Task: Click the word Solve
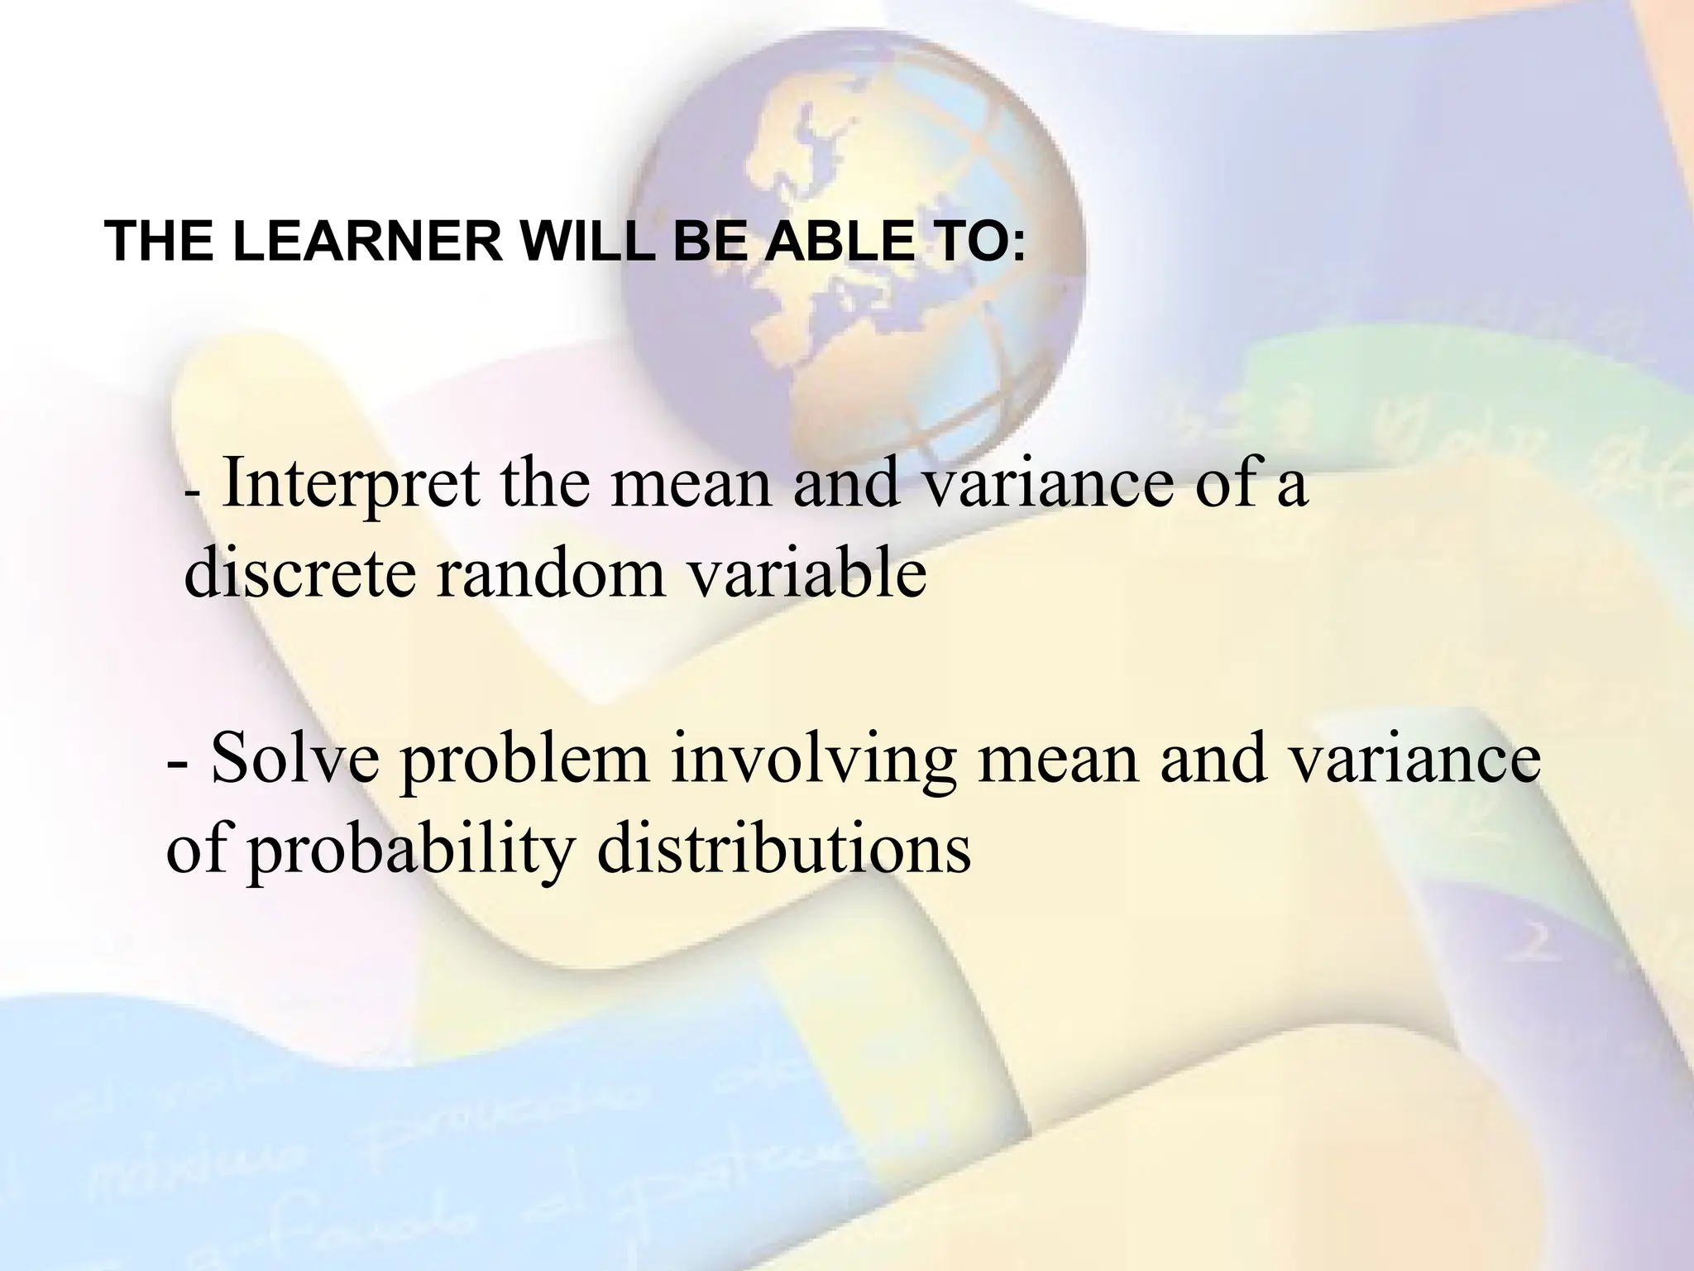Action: pos(295,760)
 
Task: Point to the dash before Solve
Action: pos(176,765)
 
